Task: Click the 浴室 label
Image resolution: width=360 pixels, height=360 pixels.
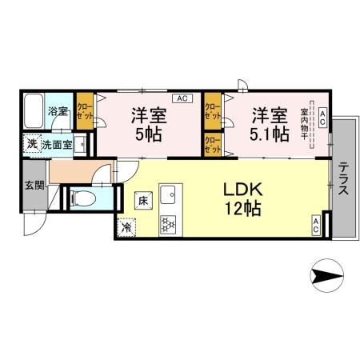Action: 58,111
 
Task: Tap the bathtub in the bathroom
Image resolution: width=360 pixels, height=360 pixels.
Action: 34,111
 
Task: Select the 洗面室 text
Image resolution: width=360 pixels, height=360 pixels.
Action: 57,145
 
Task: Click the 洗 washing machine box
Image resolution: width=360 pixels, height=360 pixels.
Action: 30,145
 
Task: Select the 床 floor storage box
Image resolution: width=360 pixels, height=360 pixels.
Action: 140,199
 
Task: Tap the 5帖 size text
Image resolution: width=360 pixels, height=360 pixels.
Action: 148,134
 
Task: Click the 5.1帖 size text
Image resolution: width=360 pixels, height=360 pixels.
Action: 270,134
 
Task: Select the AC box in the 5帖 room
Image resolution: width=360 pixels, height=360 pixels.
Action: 181,98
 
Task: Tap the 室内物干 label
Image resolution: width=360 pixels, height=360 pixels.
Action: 305,126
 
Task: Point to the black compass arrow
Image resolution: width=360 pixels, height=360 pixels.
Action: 326,278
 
